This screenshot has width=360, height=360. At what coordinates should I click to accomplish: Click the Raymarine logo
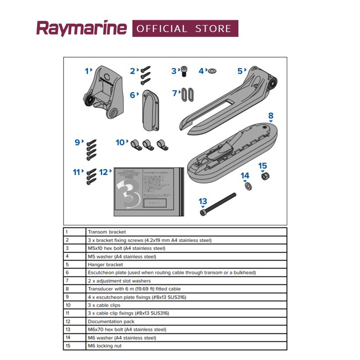click(x=81, y=29)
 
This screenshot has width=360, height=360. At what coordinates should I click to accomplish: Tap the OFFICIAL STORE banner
click(x=185, y=29)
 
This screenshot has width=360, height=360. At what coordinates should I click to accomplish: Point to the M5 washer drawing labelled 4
click(x=213, y=71)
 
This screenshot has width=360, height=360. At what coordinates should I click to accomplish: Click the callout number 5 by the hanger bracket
click(x=240, y=71)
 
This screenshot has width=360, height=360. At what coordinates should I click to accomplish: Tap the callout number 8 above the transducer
click(x=271, y=116)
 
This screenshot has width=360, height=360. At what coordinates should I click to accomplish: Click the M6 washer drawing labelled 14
click(x=249, y=186)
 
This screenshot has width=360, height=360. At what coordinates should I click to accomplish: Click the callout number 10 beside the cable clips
click(x=120, y=142)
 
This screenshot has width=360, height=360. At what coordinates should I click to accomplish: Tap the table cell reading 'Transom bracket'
click(x=106, y=232)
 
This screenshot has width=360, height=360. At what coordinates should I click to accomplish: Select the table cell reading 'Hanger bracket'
click(x=105, y=264)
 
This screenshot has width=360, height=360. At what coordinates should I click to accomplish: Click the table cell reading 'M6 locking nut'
click(x=104, y=346)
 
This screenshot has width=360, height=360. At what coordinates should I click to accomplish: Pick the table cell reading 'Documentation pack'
click(x=111, y=321)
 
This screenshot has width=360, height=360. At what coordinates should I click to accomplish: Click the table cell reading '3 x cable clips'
click(x=104, y=305)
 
